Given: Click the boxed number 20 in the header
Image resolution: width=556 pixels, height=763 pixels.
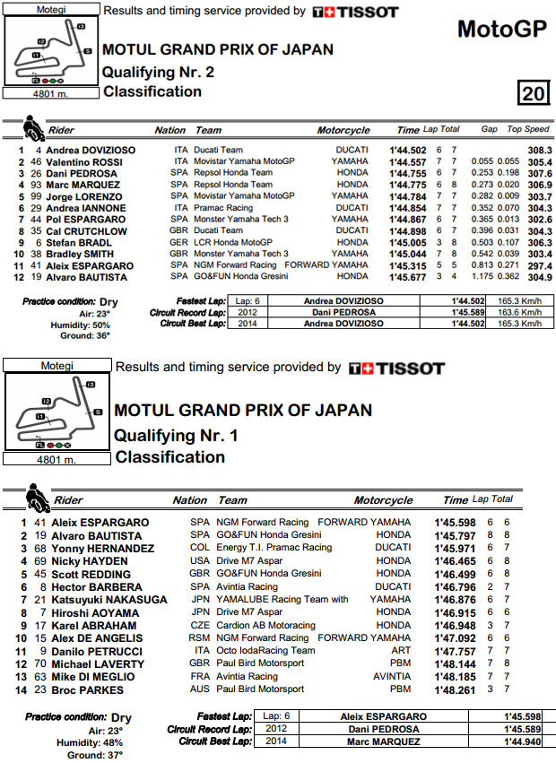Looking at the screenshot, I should (x=532, y=93).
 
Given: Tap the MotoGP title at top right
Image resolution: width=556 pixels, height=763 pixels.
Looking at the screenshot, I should (x=501, y=30).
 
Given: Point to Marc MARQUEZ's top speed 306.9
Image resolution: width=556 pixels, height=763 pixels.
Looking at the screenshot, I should (x=539, y=184).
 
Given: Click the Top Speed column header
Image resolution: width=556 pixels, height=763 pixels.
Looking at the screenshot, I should (x=528, y=130).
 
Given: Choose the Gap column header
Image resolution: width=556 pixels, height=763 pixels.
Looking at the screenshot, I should (x=489, y=130).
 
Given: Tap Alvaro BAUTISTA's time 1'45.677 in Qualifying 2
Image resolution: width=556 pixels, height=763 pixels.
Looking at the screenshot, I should (x=407, y=277).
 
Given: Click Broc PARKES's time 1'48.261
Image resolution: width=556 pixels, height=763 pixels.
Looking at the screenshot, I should (x=455, y=690).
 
